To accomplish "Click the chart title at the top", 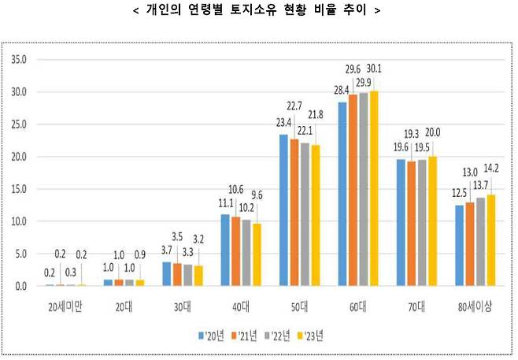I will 258,11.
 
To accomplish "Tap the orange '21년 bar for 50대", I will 294,213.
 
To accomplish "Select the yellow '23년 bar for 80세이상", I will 492,240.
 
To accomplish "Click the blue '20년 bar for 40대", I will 225,251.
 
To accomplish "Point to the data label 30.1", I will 374,69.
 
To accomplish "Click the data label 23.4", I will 283,122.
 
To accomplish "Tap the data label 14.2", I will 493,168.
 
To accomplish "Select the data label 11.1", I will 225,202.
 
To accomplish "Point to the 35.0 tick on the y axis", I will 20,60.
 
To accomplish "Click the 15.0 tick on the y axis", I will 20,190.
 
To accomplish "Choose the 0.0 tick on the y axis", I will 22,287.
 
